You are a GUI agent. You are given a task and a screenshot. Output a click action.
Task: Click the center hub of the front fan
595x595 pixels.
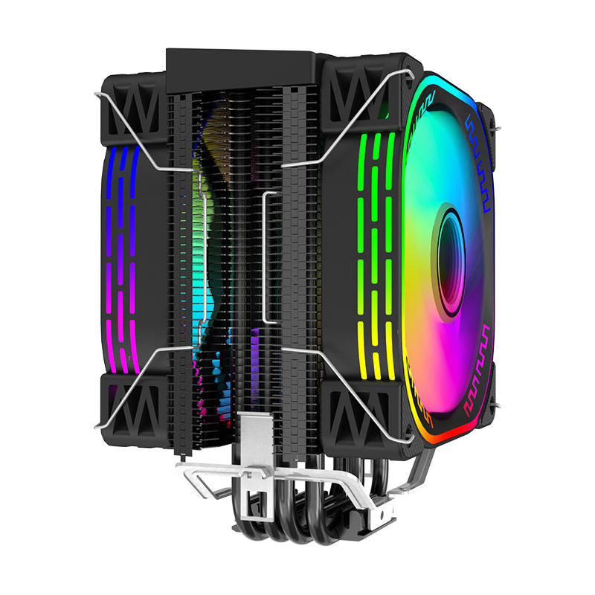click(450, 262)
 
